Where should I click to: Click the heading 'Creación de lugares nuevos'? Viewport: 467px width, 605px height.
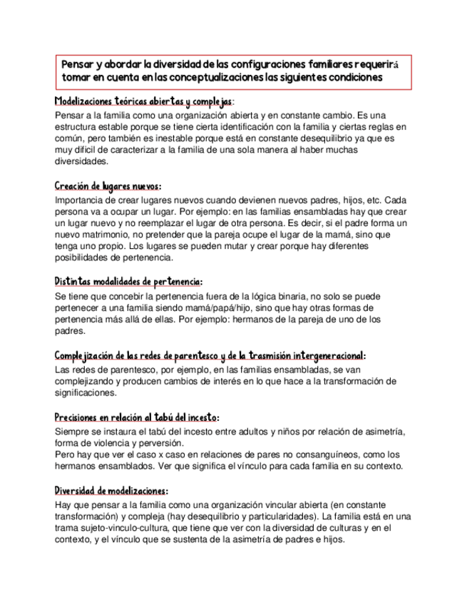pyautogui.click(x=108, y=187)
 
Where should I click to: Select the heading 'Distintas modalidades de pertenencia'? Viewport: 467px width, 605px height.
pyautogui.click(x=128, y=282)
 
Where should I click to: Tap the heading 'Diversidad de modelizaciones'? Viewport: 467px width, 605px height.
pyautogui.click(x=111, y=492)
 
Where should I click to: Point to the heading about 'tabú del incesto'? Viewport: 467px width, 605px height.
pyautogui.click(x=136, y=417)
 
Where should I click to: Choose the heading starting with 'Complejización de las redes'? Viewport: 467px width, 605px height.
pyautogui.click(x=210, y=355)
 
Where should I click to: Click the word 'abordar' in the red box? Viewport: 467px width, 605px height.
pyautogui.click(x=125, y=64)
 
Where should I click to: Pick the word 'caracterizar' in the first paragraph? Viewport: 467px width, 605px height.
pyautogui.click(x=133, y=150)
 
